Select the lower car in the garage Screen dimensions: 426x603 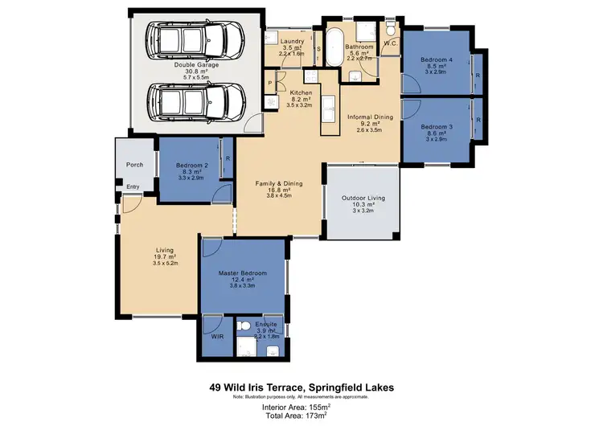(196, 101)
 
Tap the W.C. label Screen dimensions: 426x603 (392, 43)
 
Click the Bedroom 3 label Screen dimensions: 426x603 (435, 127)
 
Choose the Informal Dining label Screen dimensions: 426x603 (370, 117)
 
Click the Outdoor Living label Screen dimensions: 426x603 (363, 198)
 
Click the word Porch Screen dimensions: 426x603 (134, 165)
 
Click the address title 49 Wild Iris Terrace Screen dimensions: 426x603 (301, 387)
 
